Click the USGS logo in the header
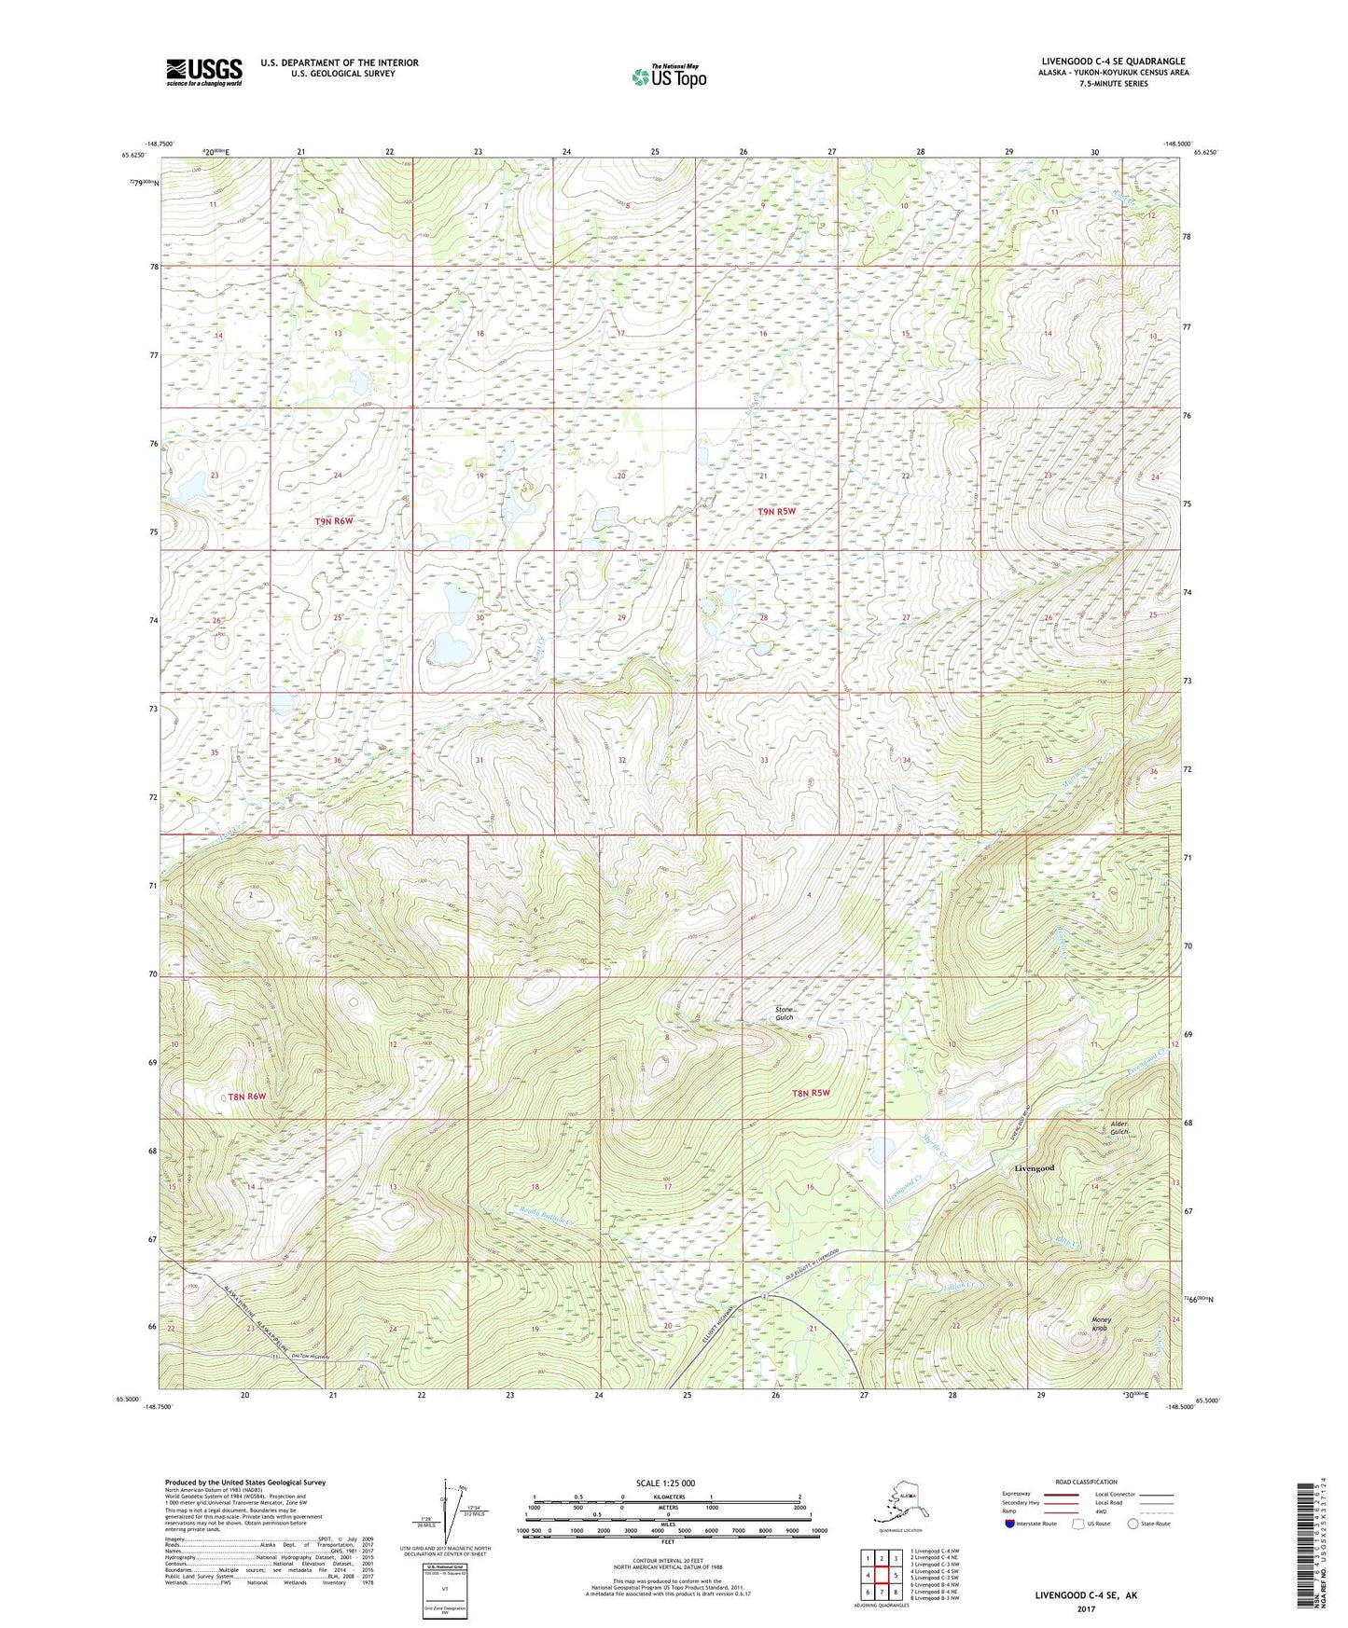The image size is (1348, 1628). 203,72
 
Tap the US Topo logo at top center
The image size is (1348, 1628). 669,76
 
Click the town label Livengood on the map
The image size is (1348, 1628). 1035,1168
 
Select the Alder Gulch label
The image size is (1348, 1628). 1119,1128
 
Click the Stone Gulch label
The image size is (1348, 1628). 785,1014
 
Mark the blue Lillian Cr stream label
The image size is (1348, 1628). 960,1287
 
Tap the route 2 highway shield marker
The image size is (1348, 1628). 764,1298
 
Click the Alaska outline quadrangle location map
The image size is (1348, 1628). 899,1502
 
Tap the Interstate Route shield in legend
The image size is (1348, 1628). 1010,1524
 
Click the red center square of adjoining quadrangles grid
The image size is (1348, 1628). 882,1575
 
